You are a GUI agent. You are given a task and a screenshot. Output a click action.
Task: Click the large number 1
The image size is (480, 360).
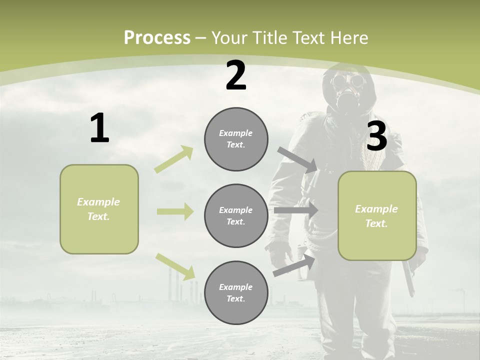99,128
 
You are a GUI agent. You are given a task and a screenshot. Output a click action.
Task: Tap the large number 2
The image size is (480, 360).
236,76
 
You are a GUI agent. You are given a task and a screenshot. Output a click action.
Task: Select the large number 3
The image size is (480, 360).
376,136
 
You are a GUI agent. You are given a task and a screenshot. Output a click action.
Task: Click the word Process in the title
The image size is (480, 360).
157,37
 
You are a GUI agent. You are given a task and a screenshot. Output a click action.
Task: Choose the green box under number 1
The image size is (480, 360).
99,209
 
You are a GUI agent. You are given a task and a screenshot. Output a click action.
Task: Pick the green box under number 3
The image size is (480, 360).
377,216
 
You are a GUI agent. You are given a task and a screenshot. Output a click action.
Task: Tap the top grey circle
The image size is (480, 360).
236,139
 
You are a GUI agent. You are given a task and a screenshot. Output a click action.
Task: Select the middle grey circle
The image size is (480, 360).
236,216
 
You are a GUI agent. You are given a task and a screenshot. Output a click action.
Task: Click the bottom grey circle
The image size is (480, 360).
236,292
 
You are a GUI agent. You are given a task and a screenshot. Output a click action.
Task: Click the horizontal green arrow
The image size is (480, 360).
175,211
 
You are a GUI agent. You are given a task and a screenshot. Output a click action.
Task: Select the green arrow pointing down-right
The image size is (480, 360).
175,266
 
